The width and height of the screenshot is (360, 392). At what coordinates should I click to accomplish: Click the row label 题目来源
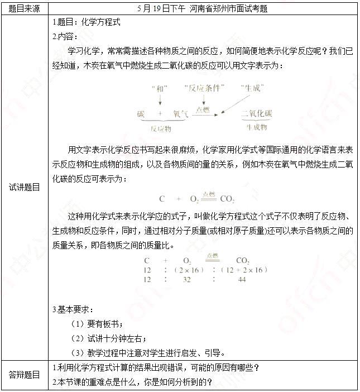point(24,9)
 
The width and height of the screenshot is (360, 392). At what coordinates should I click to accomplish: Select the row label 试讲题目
point(24,188)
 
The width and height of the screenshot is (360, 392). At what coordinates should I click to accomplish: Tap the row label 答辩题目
point(24,374)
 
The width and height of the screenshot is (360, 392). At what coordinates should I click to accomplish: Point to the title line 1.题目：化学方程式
point(87,23)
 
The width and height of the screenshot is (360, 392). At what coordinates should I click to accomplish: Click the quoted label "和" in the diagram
point(160,88)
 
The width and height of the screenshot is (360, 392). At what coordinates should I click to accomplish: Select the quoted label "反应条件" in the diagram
point(204,88)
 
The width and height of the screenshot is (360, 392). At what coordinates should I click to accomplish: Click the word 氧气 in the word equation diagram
point(180,114)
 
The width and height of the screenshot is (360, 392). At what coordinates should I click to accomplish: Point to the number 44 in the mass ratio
point(242,280)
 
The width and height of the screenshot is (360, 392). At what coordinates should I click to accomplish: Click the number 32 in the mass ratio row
point(187,280)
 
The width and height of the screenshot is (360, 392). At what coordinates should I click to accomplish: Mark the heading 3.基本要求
point(73,309)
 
